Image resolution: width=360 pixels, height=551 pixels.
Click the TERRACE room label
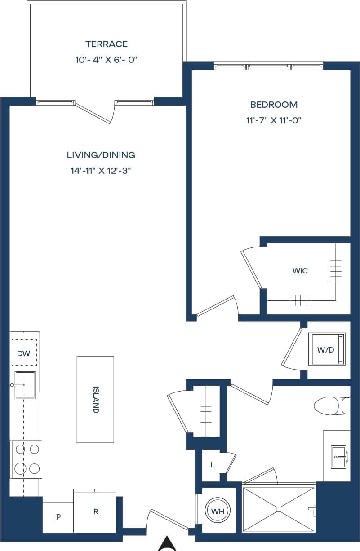coord(107,44)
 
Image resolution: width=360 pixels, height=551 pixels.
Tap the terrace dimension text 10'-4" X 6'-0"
coord(107,60)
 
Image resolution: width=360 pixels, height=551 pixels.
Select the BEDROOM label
coord(274,105)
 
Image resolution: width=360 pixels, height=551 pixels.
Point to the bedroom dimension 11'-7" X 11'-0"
coord(274,120)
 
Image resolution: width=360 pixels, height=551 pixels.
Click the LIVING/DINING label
coord(101,155)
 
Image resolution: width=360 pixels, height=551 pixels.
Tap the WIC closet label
coord(300,271)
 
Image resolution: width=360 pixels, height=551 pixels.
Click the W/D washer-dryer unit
coord(326,349)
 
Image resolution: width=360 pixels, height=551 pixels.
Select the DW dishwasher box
coord(24,353)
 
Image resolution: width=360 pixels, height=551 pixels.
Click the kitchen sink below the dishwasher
coord(24,385)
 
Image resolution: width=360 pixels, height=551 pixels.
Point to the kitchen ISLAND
coord(95,399)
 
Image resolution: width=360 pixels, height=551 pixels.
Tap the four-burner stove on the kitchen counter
coord(27,459)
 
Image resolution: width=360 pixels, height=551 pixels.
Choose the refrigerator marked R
coord(95,511)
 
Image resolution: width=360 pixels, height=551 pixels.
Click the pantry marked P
coord(58,517)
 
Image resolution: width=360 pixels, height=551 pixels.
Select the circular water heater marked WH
coord(218,511)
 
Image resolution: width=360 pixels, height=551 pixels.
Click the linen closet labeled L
coord(213,465)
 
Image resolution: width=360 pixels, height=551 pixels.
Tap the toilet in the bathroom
coord(330,406)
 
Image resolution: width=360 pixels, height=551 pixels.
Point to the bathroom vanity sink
coord(338,456)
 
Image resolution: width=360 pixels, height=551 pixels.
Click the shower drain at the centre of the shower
coord(278,509)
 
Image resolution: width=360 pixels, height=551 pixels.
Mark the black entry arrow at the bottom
coord(167,544)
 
